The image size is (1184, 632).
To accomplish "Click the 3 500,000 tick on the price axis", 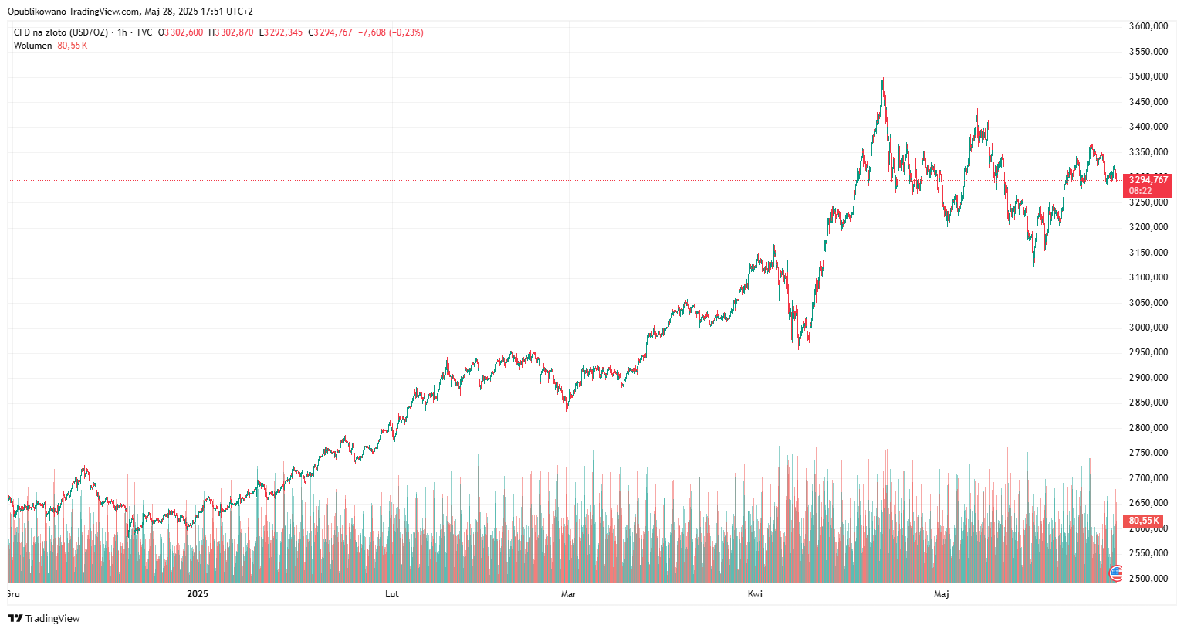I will [x=1148, y=76].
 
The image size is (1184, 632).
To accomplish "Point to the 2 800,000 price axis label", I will [x=1148, y=428].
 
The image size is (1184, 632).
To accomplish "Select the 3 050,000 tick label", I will [x=1148, y=303].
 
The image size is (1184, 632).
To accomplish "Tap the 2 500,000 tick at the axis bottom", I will [x=1148, y=579].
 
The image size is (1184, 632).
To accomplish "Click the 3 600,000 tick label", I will [x=1148, y=26].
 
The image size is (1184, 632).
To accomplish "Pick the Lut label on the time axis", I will [x=392, y=594].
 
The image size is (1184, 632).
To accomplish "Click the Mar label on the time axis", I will [x=569, y=594].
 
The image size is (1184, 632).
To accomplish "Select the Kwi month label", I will [x=755, y=594].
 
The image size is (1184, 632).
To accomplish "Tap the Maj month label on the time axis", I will [x=942, y=594].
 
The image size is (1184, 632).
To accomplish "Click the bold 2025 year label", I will [x=198, y=594].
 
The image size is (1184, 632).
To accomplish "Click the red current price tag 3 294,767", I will [x=1148, y=180].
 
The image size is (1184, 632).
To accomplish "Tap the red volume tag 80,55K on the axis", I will [x=1145, y=521].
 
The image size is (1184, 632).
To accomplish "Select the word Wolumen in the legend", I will [x=32, y=46].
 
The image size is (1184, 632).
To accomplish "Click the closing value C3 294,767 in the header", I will [x=330, y=32].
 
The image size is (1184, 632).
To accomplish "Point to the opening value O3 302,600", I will [x=181, y=32].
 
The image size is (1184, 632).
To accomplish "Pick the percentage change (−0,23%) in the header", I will [x=406, y=32].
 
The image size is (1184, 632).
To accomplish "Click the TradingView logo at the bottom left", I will [x=44, y=618].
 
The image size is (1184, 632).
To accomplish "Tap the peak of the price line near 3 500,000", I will [x=883, y=79].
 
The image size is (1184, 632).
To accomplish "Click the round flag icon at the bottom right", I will [x=1115, y=573].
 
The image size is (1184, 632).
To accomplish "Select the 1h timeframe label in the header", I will [x=122, y=32].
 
